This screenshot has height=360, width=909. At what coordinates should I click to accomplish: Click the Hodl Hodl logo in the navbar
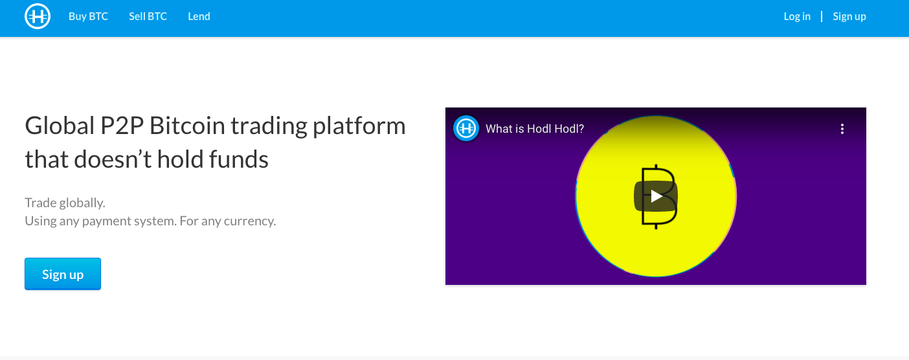[38, 16]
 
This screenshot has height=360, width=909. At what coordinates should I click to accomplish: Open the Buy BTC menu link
[88, 16]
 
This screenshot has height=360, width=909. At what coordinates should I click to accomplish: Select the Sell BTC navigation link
[148, 16]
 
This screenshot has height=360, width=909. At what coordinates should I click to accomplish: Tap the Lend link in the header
[199, 16]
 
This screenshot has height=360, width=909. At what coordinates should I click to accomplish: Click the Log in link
[796, 17]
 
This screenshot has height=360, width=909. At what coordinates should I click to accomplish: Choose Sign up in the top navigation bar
[849, 17]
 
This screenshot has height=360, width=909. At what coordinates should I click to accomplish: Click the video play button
[656, 196]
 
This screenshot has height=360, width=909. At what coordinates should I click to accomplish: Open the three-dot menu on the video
[842, 129]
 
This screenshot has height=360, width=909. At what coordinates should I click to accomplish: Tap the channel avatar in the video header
[466, 129]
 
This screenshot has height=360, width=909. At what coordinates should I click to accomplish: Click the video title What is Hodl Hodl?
[534, 129]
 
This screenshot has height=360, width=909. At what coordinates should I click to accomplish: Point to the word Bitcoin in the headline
[187, 126]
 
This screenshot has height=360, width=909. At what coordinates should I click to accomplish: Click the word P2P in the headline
[122, 126]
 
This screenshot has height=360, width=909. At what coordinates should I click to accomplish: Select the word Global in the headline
[60, 126]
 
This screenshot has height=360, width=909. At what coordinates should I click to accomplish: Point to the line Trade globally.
[65, 203]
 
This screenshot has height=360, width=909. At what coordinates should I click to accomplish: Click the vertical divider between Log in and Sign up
[822, 16]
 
